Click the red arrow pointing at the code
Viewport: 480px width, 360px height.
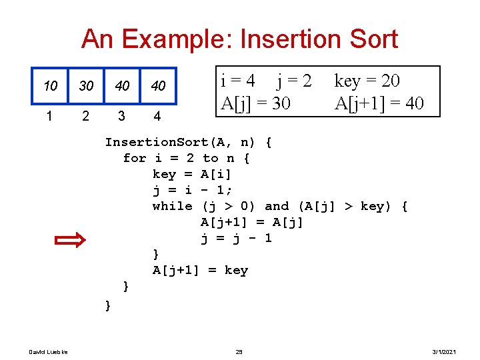coord(69,239)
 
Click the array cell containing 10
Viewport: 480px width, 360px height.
coord(51,86)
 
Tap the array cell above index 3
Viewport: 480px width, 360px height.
coord(122,86)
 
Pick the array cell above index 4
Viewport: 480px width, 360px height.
coord(158,86)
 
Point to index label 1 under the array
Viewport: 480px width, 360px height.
coord(50,116)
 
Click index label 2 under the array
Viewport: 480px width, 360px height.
coord(85,116)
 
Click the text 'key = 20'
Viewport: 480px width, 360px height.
coord(367,81)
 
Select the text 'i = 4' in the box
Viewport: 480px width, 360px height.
coord(237,81)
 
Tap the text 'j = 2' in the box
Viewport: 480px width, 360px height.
coord(294,81)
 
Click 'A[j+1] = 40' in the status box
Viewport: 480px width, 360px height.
coord(379,103)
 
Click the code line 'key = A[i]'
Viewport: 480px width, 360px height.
coord(192,174)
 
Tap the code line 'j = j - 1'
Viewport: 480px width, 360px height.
coord(236,238)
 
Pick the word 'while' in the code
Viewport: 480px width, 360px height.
coord(173,206)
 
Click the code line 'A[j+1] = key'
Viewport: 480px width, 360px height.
coord(200,270)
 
